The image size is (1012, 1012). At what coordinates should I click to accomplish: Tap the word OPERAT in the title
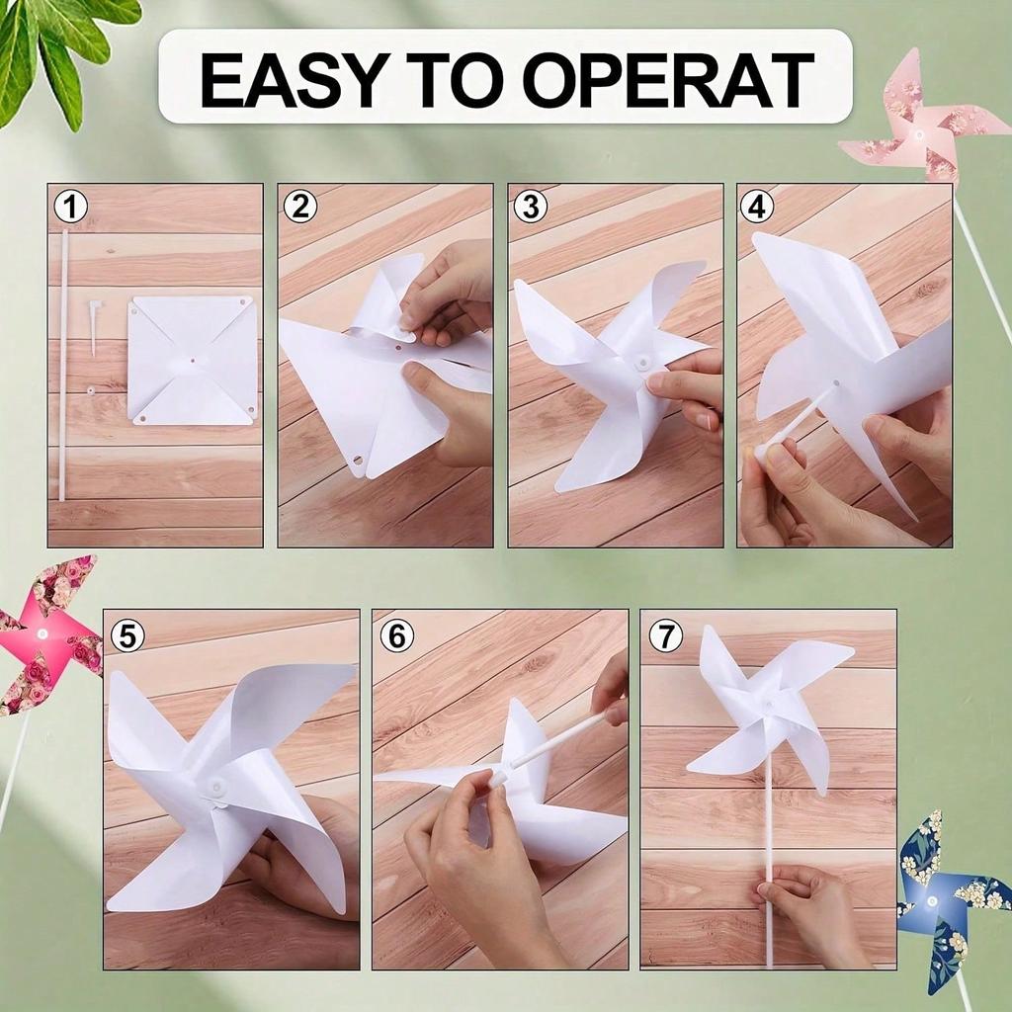pos(668,79)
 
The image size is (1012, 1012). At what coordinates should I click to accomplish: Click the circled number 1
pos(71,208)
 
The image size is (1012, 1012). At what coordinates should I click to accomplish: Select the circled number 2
pos(300,208)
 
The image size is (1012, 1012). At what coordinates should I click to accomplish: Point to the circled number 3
pos(531,208)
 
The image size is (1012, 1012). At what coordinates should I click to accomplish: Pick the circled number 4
pos(757,208)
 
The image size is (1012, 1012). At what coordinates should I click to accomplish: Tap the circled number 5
pos(127,636)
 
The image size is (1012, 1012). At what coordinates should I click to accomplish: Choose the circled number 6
pos(397,636)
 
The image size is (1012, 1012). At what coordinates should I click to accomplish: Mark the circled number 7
pos(665,636)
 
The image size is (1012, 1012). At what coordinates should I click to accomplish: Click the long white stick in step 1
pos(64,365)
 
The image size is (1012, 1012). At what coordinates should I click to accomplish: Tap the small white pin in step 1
pos(94,327)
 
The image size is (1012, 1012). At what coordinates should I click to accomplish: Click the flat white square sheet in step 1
pos(192,360)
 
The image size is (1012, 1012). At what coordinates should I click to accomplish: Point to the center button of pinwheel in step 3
pos(642,362)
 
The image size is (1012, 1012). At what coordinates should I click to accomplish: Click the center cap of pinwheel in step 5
pos(214,787)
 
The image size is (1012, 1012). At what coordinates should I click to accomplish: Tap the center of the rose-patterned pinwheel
pos(42,633)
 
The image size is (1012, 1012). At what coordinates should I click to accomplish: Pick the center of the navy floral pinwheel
pos(931,899)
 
